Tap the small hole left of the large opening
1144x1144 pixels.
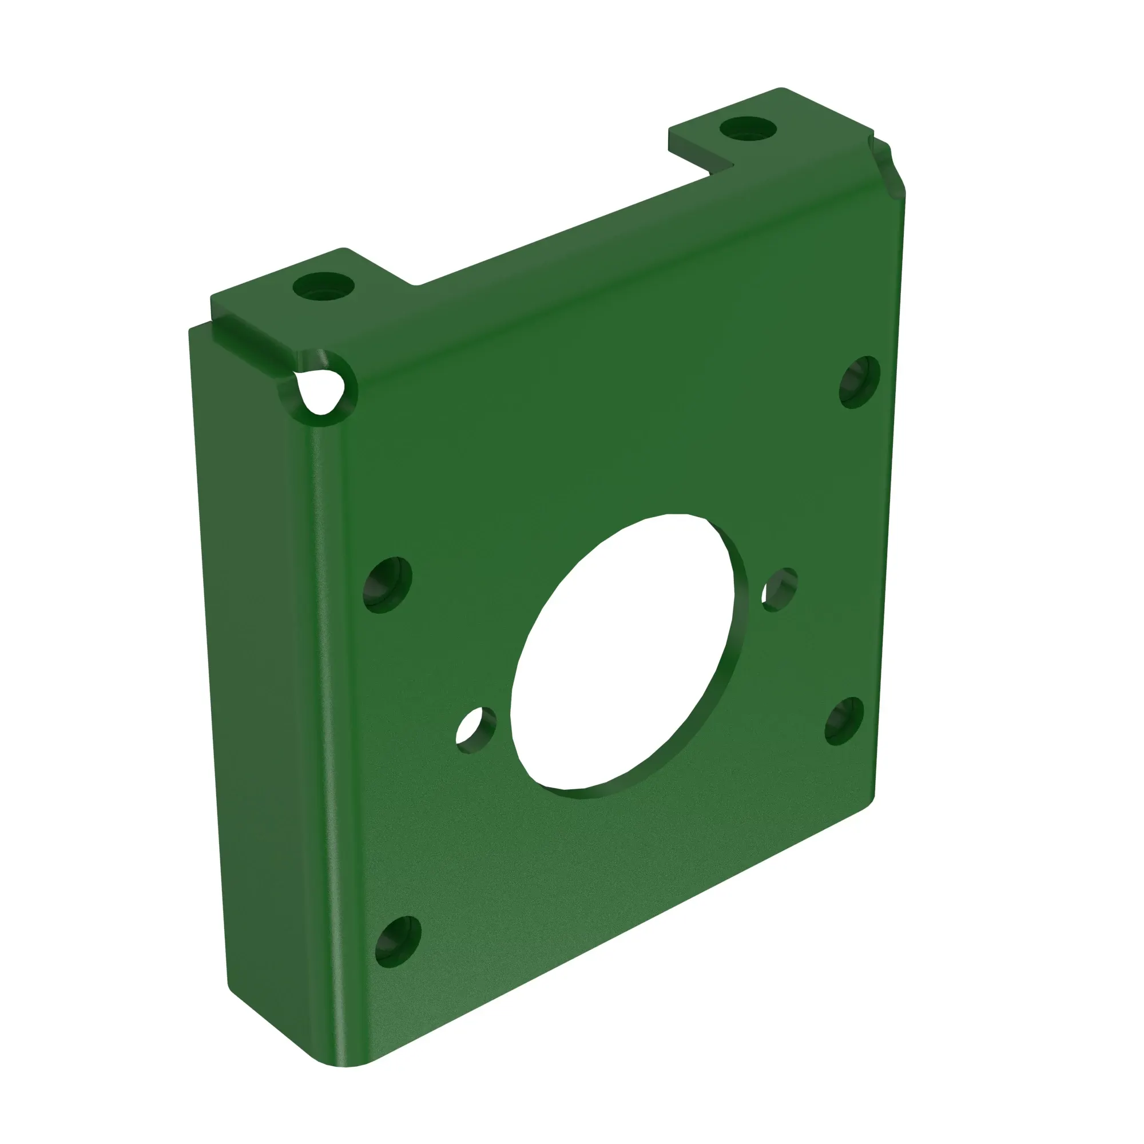(475, 729)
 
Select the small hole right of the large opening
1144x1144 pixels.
(779, 589)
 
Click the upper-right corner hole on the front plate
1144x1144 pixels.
(860, 382)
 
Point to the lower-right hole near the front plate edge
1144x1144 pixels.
(844, 721)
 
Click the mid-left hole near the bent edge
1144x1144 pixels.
(387, 585)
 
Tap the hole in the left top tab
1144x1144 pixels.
(323, 287)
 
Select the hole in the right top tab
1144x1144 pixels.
(748, 129)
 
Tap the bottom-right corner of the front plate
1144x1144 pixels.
(871, 803)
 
